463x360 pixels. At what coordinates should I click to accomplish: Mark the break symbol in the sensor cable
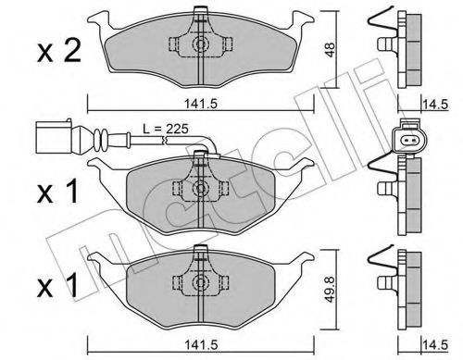pos(165,142)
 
